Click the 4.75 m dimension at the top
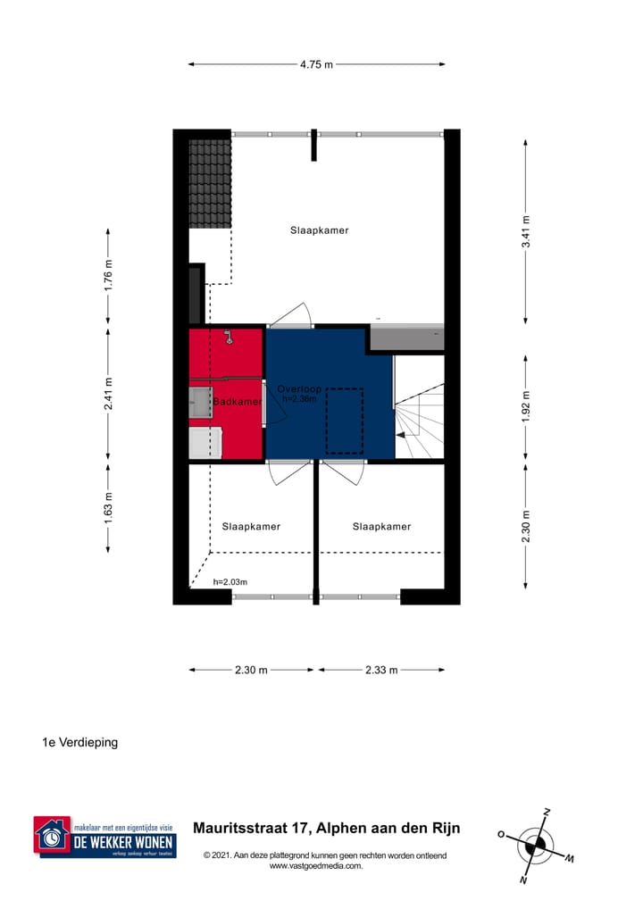tap(316, 64)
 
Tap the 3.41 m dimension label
tap(526, 230)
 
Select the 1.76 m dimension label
tap(109, 275)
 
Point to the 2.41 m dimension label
tap(109, 393)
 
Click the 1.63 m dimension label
tap(109, 507)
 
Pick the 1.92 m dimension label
tap(526, 406)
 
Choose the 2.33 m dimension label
tap(381, 670)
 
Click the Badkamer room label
tap(237, 402)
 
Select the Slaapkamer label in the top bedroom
tap(319, 230)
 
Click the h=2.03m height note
tap(230, 582)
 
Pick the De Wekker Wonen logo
tap(104, 838)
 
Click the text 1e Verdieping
tap(80, 742)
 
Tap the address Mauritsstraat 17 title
tap(326, 828)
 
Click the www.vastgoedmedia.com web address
tap(315, 865)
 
